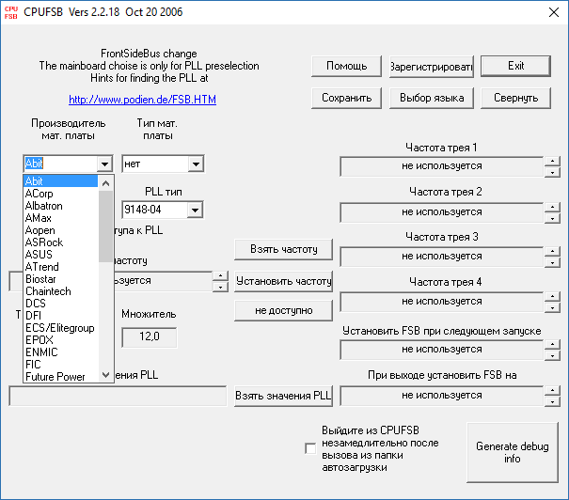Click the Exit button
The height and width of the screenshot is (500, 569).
point(515,66)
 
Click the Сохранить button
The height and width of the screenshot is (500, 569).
point(346,97)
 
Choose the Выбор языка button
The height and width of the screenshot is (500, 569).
point(432,97)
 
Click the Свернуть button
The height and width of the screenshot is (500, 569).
point(515,97)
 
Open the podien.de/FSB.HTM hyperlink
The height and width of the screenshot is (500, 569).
point(142,98)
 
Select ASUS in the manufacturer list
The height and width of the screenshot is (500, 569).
point(40,255)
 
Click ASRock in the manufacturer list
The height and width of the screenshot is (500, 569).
point(44,242)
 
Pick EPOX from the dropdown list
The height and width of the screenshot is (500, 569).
point(40,340)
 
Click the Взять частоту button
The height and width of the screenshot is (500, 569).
point(284,249)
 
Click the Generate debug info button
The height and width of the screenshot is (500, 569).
point(512,452)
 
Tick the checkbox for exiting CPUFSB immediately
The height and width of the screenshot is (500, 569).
point(310,448)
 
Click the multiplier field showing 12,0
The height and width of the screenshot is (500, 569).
point(149,336)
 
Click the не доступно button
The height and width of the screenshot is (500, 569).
point(284,309)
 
